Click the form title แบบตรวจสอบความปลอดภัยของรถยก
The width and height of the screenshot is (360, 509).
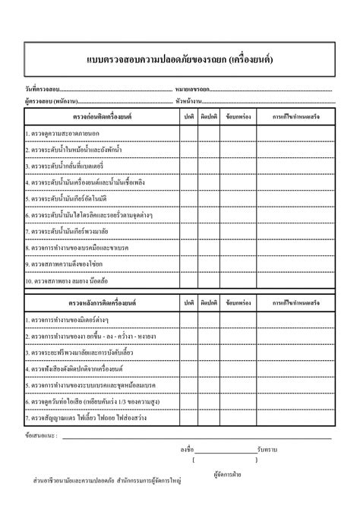point(180,58)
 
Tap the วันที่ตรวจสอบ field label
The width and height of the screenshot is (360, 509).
point(42,90)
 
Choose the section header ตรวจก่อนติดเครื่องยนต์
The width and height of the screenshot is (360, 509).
point(101,116)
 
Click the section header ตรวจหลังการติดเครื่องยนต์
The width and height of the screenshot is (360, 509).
point(101,302)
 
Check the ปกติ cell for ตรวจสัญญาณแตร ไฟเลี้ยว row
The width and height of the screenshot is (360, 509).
point(188,418)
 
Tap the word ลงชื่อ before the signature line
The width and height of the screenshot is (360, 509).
point(187,450)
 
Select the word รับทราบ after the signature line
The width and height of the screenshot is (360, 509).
point(267,450)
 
